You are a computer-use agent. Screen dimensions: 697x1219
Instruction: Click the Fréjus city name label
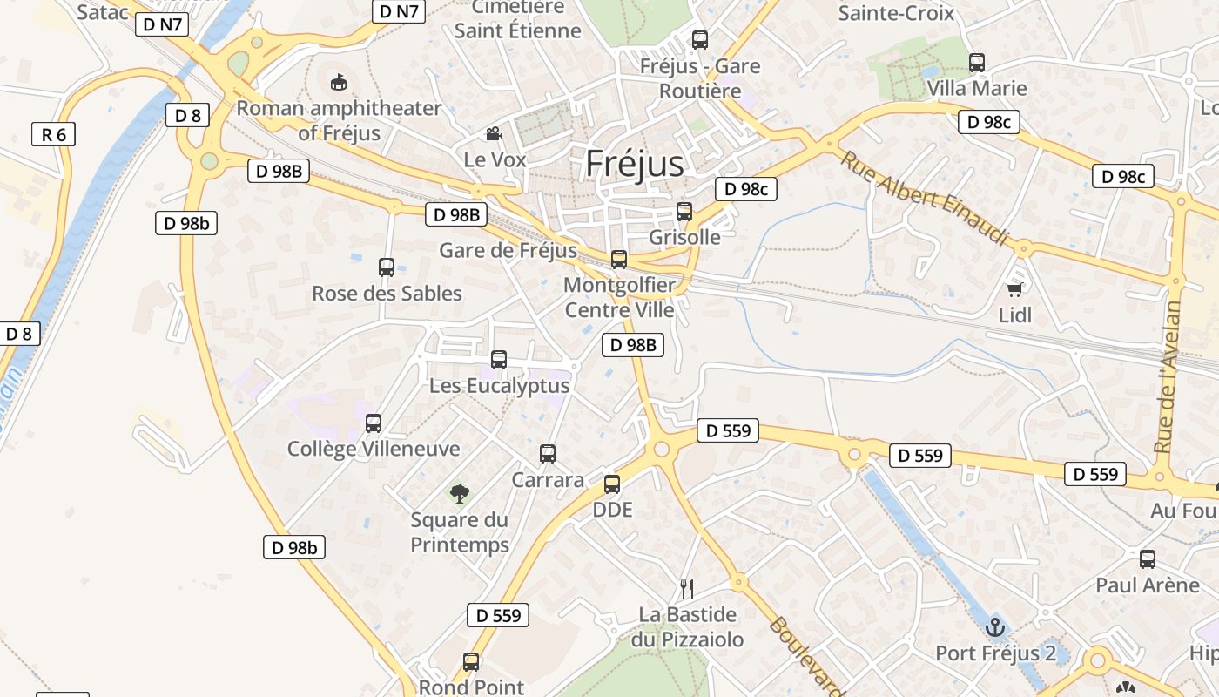click(635, 163)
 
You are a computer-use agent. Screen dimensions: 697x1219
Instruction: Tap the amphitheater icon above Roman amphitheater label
click(339, 83)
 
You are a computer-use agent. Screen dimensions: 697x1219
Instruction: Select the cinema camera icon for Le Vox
click(494, 133)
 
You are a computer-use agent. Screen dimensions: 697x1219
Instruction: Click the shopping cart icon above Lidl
click(1014, 289)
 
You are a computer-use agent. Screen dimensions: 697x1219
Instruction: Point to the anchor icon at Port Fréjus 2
click(994, 626)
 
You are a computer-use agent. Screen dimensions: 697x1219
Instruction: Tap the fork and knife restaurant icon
click(687, 588)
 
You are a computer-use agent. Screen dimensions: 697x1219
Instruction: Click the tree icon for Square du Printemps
click(460, 494)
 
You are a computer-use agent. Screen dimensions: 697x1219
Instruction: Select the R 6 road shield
click(53, 134)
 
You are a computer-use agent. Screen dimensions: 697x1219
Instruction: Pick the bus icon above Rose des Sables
click(387, 267)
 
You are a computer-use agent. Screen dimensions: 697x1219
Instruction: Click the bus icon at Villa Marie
click(977, 63)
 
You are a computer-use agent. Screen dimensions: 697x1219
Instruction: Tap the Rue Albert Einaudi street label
click(926, 198)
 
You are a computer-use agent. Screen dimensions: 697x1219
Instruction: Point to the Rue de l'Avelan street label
click(1168, 376)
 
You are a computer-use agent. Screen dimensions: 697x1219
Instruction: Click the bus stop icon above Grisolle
click(684, 212)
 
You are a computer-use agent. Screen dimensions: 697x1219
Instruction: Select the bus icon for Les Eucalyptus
click(499, 359)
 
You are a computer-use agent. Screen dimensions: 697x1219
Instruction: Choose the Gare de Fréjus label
click(508, 251)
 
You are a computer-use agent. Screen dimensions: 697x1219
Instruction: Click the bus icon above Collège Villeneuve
click(374, 423)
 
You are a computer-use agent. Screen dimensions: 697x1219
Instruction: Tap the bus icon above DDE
click(612, 484)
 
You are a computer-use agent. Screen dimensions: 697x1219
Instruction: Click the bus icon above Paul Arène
click(1148, 559)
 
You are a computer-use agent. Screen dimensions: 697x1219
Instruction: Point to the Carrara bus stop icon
click(548, 454)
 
